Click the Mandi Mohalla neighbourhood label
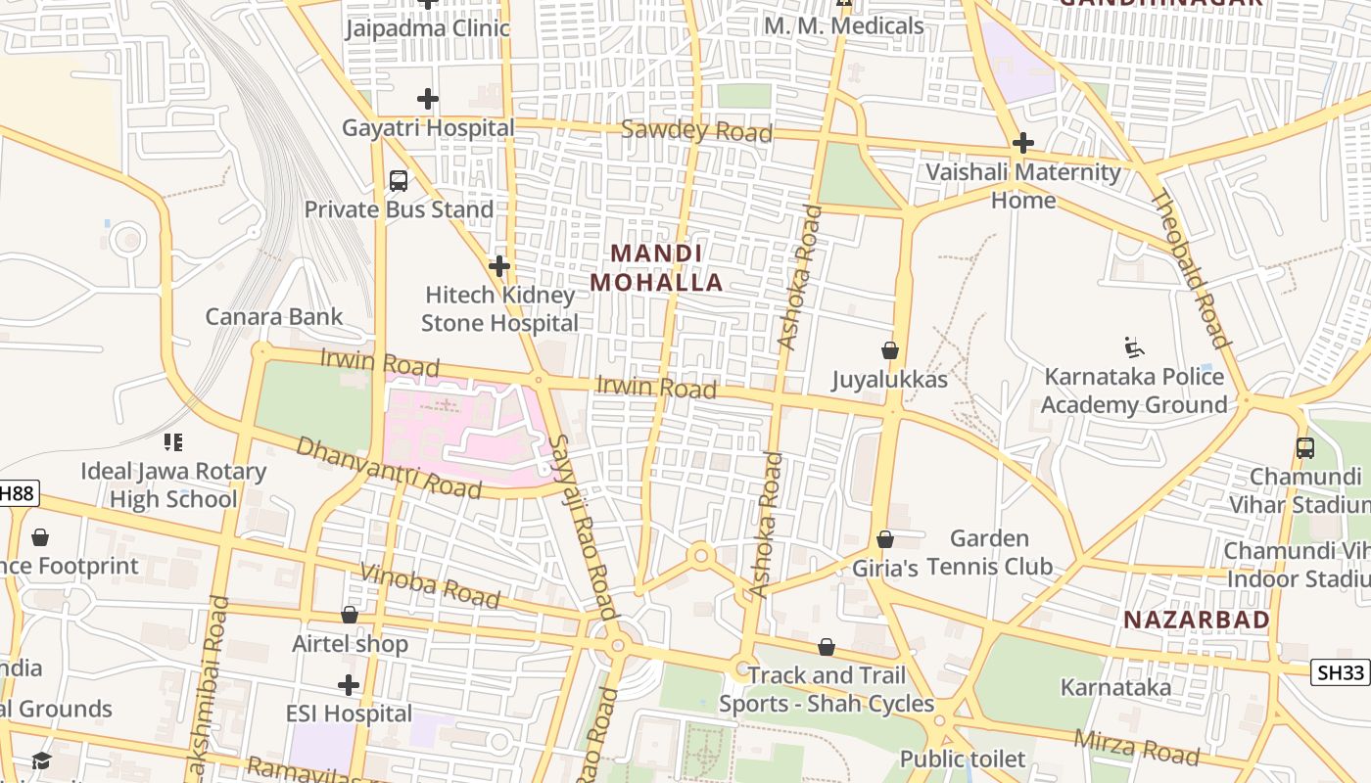(x=656, y=268)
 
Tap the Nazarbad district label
(x=1196, y=620)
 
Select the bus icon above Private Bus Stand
(x=399, y=181)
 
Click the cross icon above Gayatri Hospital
(x=428, y=99)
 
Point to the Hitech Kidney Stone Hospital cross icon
(x=499, y=266)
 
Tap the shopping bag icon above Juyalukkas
(x=890, y=350)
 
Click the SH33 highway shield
(x=1340, y=672)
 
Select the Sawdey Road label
(x=697, y=131)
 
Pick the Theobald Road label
(x=1189, y=269)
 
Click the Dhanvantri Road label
(x=389, y=467)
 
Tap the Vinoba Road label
(x=430, y=585)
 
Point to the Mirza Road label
(x=1136, y=747)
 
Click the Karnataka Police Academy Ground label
(x=1134, y=391)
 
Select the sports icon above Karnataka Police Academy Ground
(x=1135, y=347)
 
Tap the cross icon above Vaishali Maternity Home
(x=1023, y=144)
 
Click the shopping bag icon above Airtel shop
(x=350, y=615)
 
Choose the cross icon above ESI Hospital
(x=349, y=685)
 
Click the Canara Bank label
(x=274, y=316)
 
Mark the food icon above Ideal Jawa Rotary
(x=173, y=442)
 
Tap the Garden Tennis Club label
(x=989, y=552)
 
